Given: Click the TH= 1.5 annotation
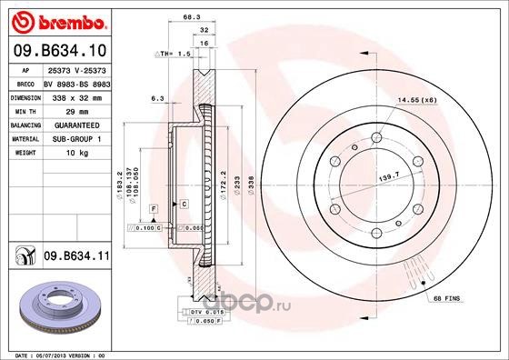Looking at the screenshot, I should pyautogui.click(x=173, y=55).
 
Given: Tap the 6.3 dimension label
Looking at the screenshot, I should pyautogui.click(x=156, y=96).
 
